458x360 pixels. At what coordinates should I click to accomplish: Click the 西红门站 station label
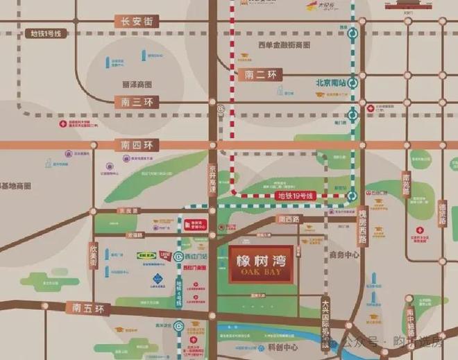196,255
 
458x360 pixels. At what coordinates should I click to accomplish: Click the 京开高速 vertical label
213,180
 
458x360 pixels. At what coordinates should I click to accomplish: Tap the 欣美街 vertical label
93,255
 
